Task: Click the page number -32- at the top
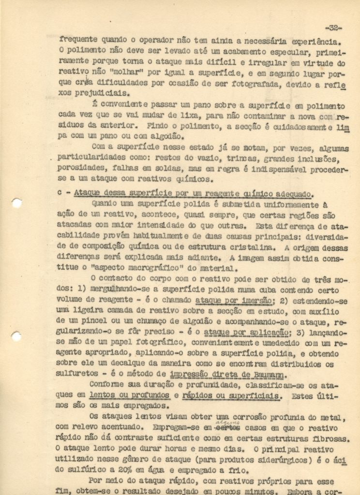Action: (333, 28)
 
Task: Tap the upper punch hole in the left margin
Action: (17, 203)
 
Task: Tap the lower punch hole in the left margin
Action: (16, 335)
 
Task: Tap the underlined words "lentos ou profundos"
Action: (130, 395)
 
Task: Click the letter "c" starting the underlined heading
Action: (60, 192)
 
